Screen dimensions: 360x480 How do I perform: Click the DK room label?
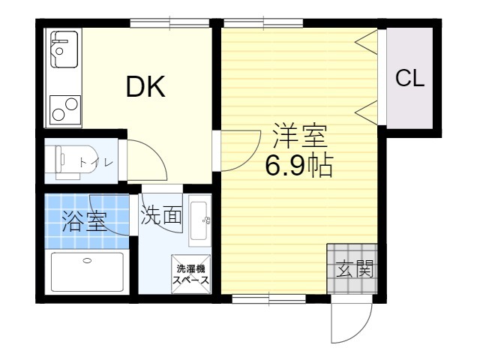pos(145,88)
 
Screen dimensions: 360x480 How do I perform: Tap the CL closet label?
pos(410,79)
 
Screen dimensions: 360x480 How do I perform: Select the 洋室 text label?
pos(298,137)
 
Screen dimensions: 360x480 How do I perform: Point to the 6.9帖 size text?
pos(298,166)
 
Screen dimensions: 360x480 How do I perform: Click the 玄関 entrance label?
pos(355,268)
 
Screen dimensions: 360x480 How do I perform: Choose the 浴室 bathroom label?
pos(82,220)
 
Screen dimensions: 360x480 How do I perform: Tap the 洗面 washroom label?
pos(161,216)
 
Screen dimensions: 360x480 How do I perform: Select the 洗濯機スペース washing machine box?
pos(192,274)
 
